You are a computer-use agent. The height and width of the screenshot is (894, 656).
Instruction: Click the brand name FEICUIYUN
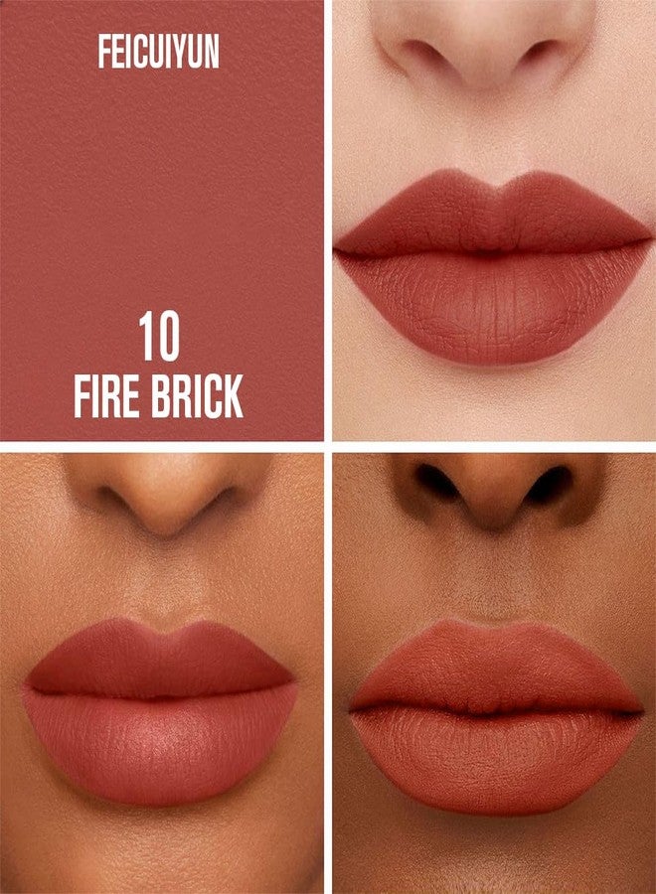coord(159,53)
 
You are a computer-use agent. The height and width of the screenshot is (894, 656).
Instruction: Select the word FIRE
coord(106,395)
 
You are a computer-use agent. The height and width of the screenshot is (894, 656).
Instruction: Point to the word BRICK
coord(198,395)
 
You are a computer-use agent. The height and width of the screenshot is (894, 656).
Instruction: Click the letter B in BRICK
coord(161,395)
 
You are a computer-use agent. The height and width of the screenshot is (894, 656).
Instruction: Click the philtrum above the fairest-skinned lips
coord(495,137)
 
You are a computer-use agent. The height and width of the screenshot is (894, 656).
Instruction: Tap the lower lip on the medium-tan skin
coord(161,747)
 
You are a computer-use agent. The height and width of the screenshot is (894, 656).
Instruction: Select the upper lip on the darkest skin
coord(495,669)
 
